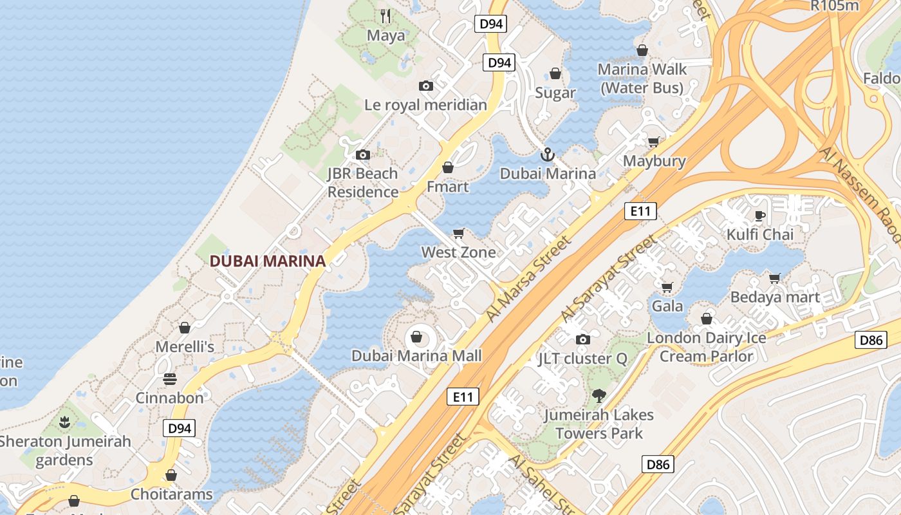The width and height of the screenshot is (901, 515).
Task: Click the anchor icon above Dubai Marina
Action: click(547, 154)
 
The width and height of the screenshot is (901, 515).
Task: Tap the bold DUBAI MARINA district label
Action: click(268, 261)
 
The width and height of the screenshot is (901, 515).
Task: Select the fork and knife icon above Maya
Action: click(385, 16)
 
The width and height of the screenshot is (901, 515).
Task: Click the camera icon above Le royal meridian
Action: click(425, 86)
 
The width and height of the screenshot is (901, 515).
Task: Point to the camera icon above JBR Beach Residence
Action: click(363, 154)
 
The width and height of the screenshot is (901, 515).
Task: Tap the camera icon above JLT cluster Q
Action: click(582, 339)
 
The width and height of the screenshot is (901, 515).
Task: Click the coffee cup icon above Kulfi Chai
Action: click(759, 216)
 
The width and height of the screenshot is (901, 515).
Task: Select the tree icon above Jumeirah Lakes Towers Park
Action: click(599, 395)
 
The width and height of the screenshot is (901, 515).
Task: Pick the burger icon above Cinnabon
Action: click(170, 379)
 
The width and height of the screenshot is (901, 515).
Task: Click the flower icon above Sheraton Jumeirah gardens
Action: click(64, 422)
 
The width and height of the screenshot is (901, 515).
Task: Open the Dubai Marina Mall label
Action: click(416, 356)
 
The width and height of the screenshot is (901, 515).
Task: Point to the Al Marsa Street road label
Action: click(528, 279)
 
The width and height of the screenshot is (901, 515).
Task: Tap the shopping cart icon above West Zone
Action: click(459, 233)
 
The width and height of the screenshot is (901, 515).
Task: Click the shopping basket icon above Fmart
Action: click(448, 168)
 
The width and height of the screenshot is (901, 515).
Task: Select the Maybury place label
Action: click(655, 161)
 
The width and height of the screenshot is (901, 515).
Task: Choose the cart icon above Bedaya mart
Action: click(775, 278)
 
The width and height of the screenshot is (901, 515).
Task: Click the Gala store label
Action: click(667, 306)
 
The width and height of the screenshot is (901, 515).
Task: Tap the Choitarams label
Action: click(171, 494)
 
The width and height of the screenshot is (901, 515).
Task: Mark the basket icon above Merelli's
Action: click(185, 328)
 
